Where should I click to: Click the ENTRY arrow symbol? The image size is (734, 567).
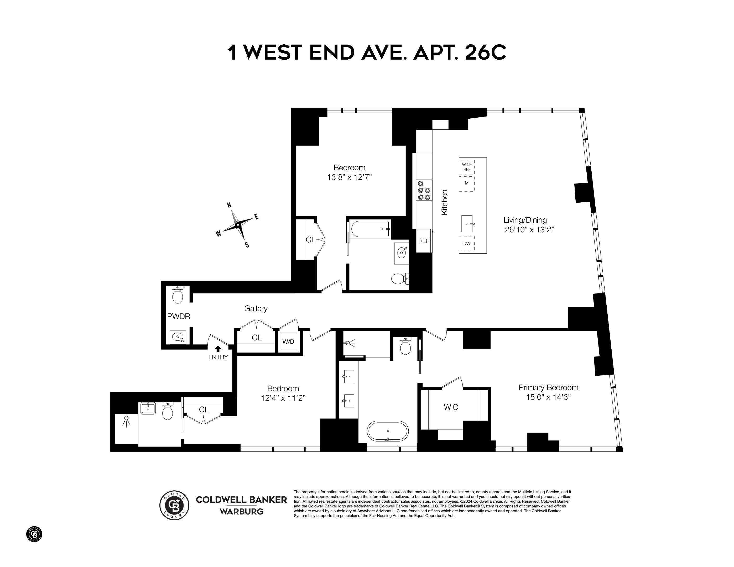(x=218, y=349)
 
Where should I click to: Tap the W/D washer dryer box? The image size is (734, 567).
(x=288, y=342)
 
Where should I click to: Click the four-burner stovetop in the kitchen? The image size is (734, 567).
(x=424, y=191)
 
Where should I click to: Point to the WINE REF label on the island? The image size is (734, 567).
(x=467, y=167)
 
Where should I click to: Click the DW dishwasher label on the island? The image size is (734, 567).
(x=467, y=243)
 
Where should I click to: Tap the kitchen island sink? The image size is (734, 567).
(x=467, y=223)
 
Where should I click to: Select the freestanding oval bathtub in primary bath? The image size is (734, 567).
(x=388, y=431)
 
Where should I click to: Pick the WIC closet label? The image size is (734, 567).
(x=451, y=407)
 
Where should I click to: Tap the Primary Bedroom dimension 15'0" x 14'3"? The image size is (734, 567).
(x=549, y=397)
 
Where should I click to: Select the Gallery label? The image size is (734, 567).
(x=256, y=308)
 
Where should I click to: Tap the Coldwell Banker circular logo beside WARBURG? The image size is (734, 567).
(x=174, y=505)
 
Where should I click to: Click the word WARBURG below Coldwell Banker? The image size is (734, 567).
(x=241, y=512)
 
